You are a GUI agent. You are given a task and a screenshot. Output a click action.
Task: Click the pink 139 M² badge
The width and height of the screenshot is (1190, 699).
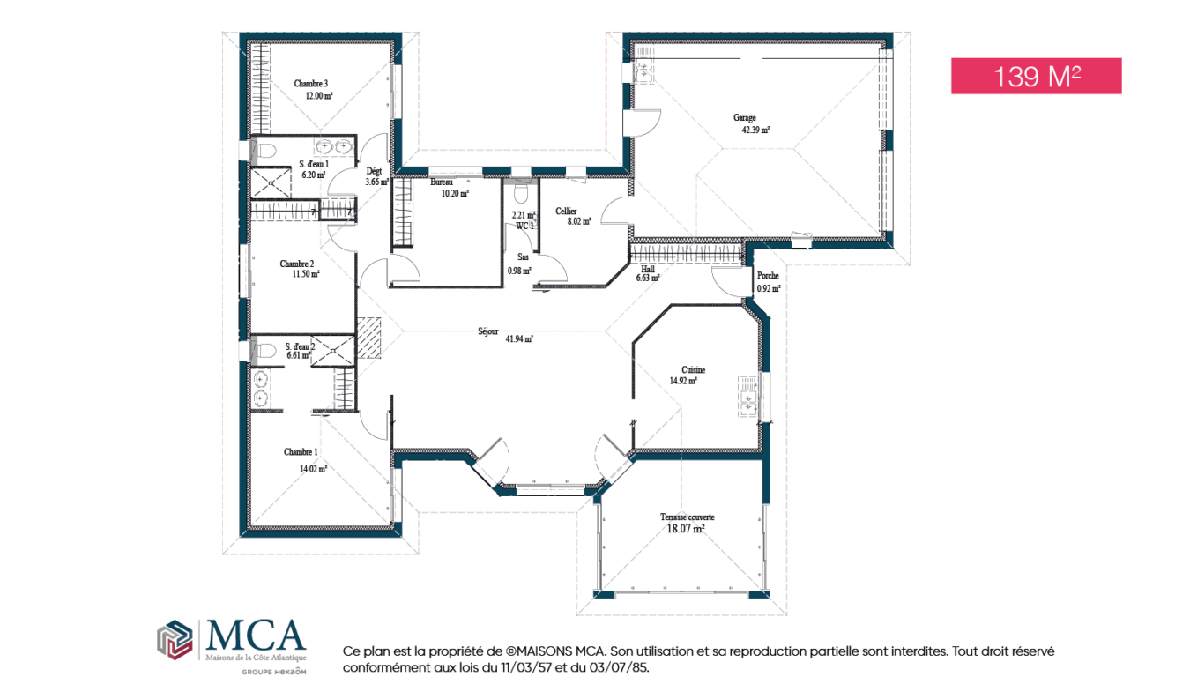[x=1036, y=76]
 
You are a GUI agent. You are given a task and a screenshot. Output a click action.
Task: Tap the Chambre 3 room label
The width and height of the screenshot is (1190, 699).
[x=311, y=84]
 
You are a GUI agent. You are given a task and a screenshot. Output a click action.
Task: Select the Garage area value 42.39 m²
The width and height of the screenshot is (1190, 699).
[x=755, y=130]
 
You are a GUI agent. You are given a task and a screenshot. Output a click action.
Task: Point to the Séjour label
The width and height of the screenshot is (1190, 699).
[x=487, y=331]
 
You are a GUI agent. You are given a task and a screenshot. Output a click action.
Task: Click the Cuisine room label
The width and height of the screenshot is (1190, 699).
[x=693, y=369]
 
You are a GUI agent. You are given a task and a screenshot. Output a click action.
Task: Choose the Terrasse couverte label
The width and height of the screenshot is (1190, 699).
[x=687, y=517]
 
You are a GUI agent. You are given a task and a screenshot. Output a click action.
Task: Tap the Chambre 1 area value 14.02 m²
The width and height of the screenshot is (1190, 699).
[x=314, y=469]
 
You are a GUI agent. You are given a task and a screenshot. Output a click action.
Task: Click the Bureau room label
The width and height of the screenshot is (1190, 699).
[x=442, y=182]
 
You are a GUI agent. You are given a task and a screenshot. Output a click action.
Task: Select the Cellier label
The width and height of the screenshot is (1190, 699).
[x=566, y=212]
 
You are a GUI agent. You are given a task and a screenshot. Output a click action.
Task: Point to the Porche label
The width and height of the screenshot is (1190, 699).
[x=768, y=276]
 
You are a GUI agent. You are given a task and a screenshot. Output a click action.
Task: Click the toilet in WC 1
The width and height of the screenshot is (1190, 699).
[x=521, y=193]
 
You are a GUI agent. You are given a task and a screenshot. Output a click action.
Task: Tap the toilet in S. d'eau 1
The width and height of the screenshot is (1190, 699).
[x=264, y=150]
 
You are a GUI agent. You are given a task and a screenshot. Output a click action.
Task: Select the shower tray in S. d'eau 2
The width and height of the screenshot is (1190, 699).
[x=332, y=351]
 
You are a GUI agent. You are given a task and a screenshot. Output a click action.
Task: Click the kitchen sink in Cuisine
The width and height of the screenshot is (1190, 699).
[x=748, y=397]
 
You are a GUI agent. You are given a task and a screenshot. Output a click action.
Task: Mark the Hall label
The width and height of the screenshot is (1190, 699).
[x=648, y=269]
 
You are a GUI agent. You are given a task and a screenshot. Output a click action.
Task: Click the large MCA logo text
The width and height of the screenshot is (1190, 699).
[x=256, y=635]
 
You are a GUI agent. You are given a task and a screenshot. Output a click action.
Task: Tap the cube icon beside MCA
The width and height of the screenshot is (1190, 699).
[x=175, y=640]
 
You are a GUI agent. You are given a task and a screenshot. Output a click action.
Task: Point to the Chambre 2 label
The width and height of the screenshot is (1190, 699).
[x=296, y=264]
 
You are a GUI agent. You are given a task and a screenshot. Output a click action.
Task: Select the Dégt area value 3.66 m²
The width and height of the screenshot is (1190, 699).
[x=376, y=182]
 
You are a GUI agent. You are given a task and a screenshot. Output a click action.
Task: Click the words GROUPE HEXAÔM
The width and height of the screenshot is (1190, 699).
[x=274, y=672]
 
